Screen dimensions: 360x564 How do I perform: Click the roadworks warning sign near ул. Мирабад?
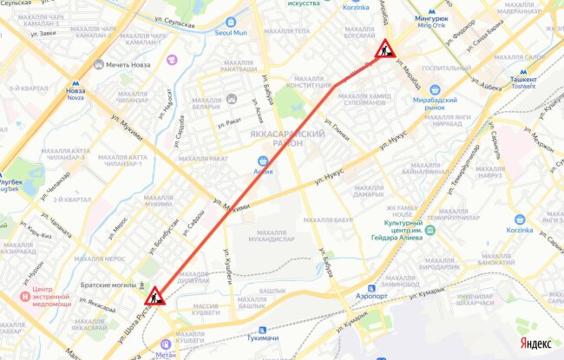pyautogui.click(x=385, y=49)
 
